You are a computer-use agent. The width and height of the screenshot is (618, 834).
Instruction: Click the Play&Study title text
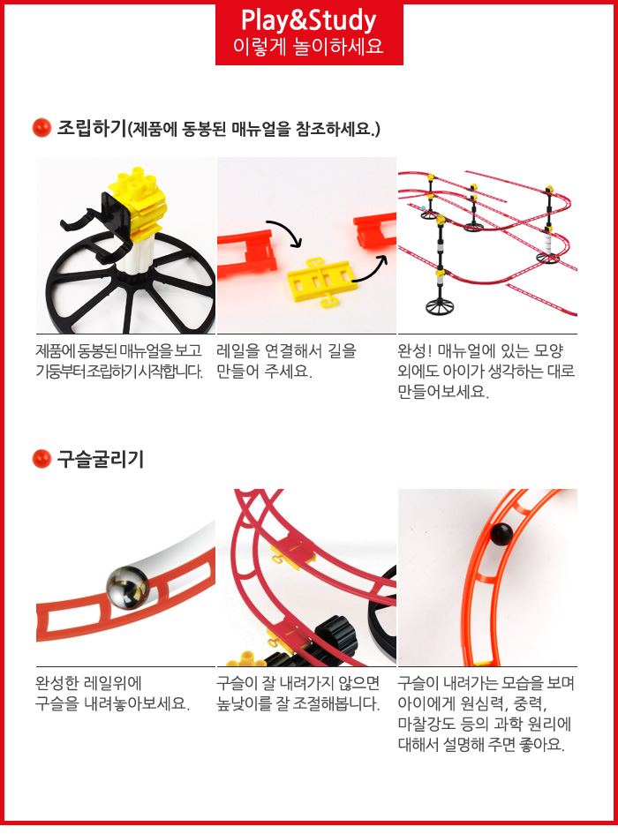click(x=309, y=20)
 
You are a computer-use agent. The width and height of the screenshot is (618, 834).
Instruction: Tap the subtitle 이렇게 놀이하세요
click(x=309, y=47)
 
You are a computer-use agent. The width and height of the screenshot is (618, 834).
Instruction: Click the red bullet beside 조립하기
click(x=41, y=128)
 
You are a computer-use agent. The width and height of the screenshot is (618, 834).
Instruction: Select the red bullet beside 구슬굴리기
click(x=41, y=459)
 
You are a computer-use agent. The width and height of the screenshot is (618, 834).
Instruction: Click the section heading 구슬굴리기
click(x=101, y=459)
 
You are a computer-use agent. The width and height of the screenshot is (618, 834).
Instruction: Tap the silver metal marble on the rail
click(x=128, y=587)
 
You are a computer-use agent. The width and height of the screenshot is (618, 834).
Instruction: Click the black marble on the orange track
click(x=501, y=535)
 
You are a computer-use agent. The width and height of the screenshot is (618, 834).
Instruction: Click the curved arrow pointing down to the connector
click(x=286, y=232)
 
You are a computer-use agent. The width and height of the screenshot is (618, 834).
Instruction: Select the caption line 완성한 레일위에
click(x=89, y=683)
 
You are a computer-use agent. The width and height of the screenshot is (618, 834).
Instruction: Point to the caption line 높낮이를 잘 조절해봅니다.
click(x=298, y=703)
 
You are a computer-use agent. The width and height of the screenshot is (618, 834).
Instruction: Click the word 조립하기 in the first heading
click(x=92, y=128)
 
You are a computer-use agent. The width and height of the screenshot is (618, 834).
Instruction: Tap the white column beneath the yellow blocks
click(x=135, y=252)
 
